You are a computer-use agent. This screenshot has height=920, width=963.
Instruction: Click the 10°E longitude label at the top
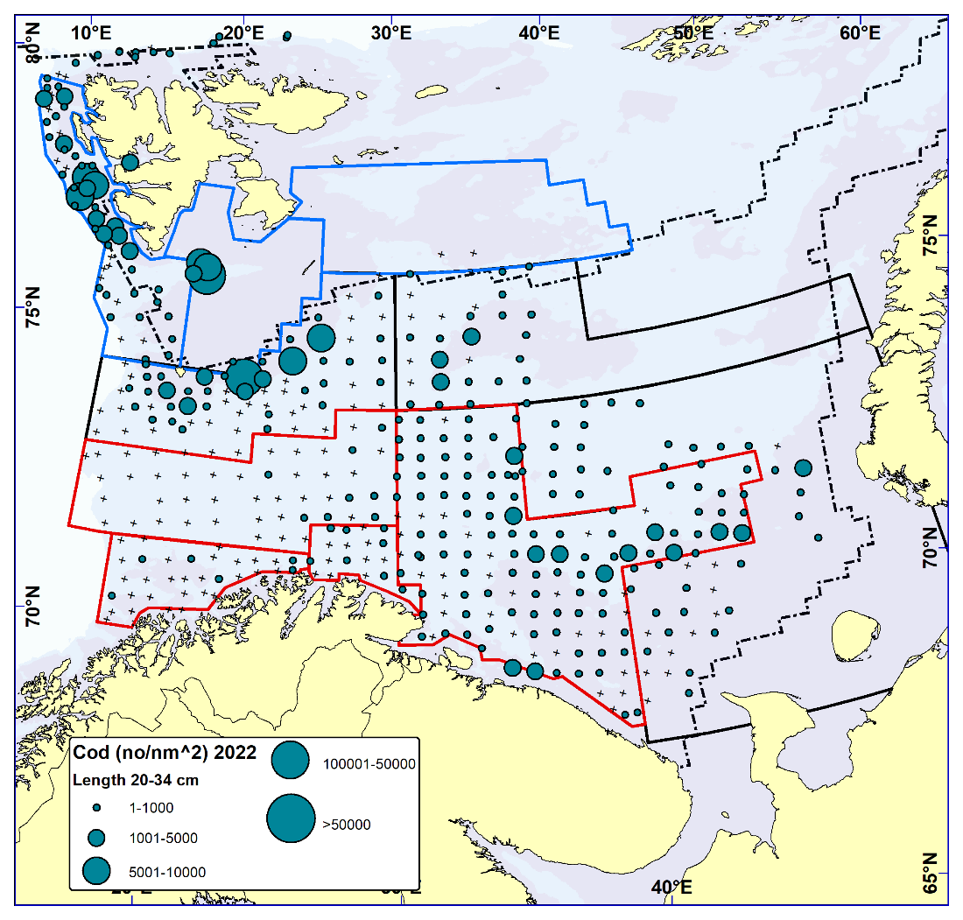coord(91,32)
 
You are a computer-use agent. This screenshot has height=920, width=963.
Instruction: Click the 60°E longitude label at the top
coord(861,32)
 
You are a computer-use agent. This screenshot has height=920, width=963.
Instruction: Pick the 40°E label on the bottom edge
coord(672,887)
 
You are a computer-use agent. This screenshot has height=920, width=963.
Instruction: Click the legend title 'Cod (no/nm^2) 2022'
coord(165,754)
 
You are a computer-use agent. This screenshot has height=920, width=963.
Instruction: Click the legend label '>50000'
coord(348,824)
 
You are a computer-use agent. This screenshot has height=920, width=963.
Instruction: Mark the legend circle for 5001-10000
coord(96,870)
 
